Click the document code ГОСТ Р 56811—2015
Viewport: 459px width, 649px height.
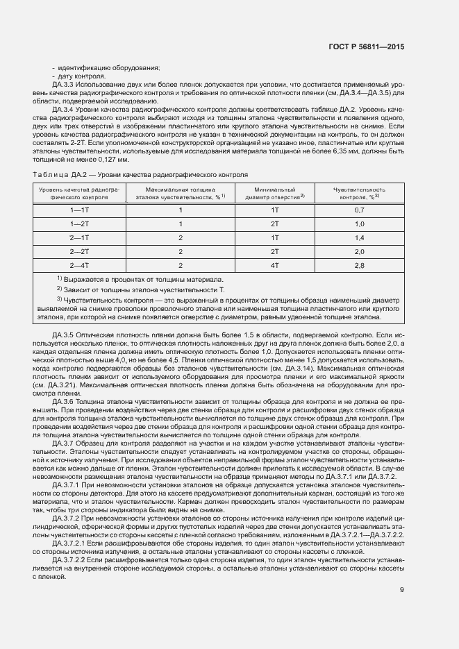pos(367,47)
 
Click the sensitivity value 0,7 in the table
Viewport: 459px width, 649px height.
pos(360,209)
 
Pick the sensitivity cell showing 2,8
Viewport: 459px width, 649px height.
pos(360,264)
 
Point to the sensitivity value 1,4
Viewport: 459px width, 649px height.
pos(360,237)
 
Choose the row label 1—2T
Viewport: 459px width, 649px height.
pos(79,223)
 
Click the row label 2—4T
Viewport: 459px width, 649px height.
pos(79,264)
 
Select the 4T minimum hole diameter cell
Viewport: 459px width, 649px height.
pos(274,264)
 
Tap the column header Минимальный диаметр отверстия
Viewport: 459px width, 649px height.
pos(275,193)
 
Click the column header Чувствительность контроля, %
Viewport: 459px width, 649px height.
pos(359,193)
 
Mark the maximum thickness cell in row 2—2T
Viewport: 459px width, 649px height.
pos(180,251)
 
